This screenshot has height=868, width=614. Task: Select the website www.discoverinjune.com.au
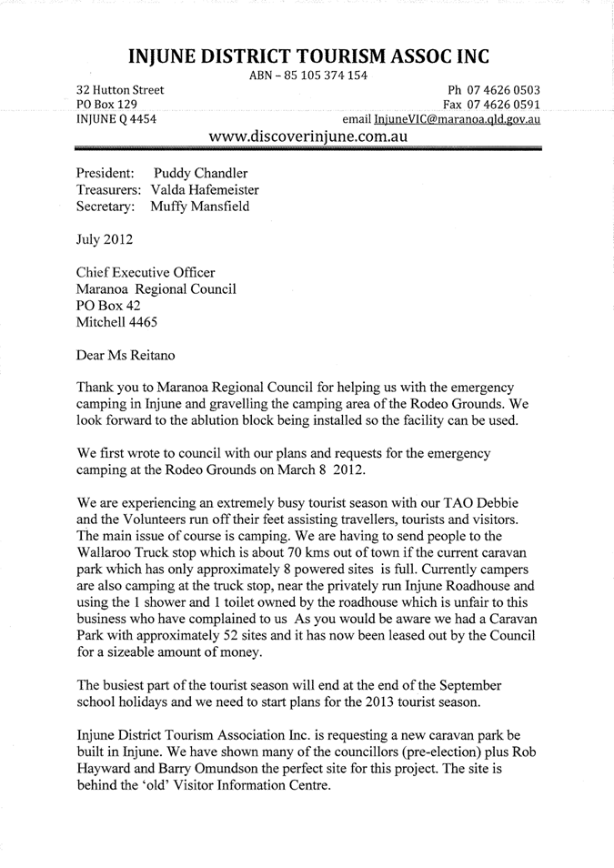click(307, 137)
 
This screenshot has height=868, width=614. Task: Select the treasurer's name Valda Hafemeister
click(205, 189)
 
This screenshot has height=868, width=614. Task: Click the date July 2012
click(105, 241)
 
